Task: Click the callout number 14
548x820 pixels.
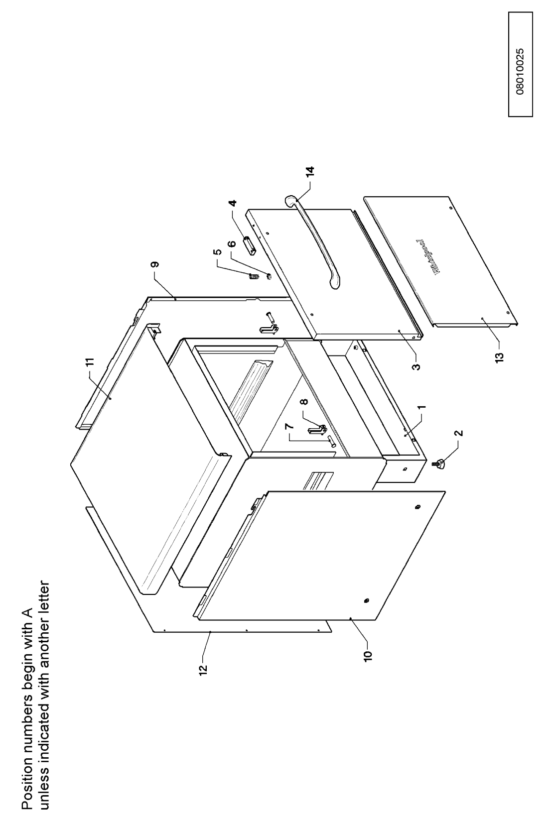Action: [310, 172]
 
